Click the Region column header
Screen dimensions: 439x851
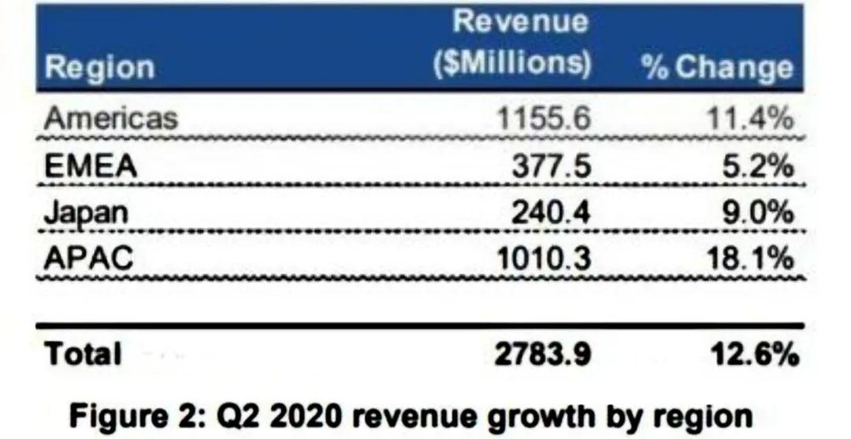(x=99, y=67)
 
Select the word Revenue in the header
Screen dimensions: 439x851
(x=520, y=22)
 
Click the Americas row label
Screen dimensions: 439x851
(x=111, y=119)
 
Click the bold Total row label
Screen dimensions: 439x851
(x=84, y=354)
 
